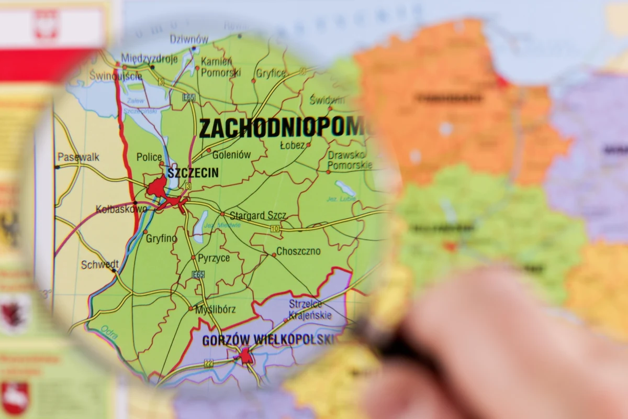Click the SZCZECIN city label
tap(193, 173)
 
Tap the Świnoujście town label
tap(107, 76)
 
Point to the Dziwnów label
tap(188, 39)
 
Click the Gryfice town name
tap(271, 73)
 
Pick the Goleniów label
tap(231, 155)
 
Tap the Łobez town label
tap(292, 146)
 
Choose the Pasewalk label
tap(78, 157)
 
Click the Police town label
tap(149, 157)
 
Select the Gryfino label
tap(161, 238)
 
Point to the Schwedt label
tap(99, 265)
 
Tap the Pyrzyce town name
tap(214, 258)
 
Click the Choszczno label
tap(298, 251)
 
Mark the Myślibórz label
tap(215, 309)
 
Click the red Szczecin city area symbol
tap(157, 187)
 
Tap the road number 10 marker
tap(275, 228)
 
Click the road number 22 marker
tap(209, 363)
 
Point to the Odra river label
tap(109, 332)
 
